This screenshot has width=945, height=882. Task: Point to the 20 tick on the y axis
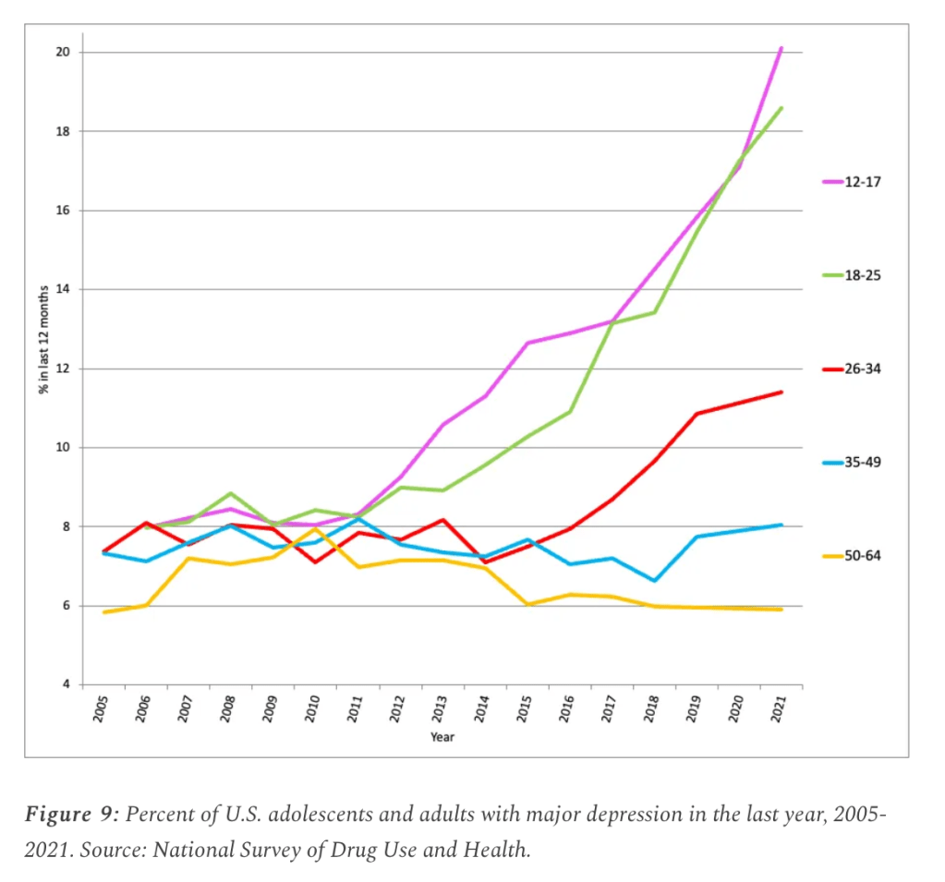[64, 52]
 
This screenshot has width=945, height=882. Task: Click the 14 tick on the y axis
[64, 289]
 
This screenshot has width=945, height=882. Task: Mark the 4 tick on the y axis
[66, 684]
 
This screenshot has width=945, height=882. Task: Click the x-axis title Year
[442, 737]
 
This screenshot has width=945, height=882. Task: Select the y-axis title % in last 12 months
[42, 341]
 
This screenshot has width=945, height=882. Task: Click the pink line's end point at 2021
[781, 48]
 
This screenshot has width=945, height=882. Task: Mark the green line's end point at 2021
[781, 108]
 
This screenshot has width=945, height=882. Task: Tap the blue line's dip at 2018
[654, 581]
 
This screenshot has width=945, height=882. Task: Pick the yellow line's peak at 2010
[314, 529]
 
